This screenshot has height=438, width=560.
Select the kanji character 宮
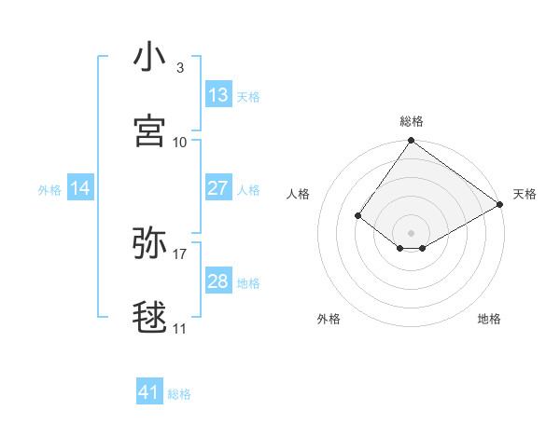tap(149, 131)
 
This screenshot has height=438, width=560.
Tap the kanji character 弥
tap(149, 243)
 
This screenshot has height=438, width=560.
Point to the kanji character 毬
tap(149, 318)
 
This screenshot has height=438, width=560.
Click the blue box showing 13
tap(218, 95)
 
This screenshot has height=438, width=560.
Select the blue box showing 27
tap(218, 189)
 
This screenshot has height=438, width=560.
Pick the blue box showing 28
tap(218, 282)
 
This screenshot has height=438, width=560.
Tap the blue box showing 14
tap(80, 189)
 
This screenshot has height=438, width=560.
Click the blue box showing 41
tap(149, 393)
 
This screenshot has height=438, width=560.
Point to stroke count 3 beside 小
tap(179, 68)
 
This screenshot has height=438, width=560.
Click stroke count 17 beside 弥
tap(180, 254)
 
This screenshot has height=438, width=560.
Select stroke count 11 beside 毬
tap(180, 329)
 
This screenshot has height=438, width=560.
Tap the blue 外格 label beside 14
tap(49, 190)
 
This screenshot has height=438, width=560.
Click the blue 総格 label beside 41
tap(179, 394)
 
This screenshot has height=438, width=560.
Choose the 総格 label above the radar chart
tap(412, 121)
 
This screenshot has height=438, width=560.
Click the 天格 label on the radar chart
tap(525, 194)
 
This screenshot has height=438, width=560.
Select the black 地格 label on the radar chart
tap(489, 319)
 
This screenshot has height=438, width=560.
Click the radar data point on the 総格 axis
tap(412, 142)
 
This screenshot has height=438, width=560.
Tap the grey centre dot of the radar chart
tap(412, 232)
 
